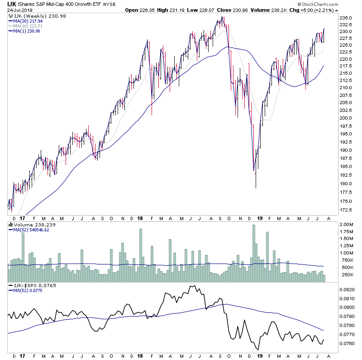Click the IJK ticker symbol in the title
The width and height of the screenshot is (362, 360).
(x=10, y=4)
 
